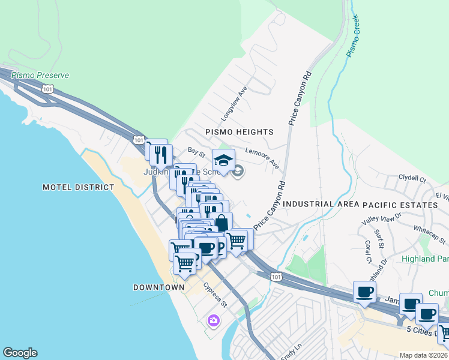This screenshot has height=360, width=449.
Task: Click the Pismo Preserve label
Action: (x=40, y=76)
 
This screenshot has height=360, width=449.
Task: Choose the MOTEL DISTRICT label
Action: (x=78, y=187)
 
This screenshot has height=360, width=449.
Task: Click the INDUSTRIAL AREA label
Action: (x=316, y=205)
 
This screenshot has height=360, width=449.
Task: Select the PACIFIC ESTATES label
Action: (x=400, y=205)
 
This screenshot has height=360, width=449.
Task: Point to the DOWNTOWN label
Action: (x=158, y=287)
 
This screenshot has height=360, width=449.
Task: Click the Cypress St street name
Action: (x=214, y=295)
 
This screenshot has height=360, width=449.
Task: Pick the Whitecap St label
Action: (x=428, y=230)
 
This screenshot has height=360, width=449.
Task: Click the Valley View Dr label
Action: (x=381, y=219)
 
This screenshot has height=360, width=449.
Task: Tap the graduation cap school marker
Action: (x=223, y=161)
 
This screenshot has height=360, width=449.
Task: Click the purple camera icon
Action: (x=213, y=321)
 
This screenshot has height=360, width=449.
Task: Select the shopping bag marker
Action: (x=221, y=223)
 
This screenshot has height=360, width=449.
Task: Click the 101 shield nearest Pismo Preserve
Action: (x=47, y=88)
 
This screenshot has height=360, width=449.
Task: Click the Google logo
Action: (x=20, y=353)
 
